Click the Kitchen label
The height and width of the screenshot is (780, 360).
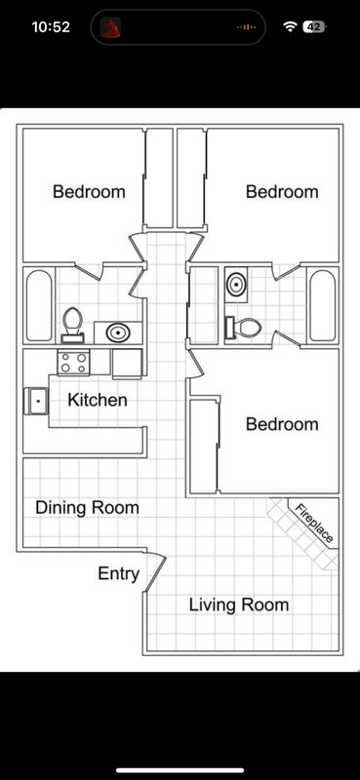click(98, 400)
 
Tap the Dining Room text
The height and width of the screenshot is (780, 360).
click(87, 508)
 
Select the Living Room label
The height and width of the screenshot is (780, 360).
click(239, 604)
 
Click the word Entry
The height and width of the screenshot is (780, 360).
click(118, 574)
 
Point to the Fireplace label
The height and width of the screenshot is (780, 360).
click(314, 523)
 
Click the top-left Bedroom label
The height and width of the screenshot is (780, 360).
click(89, 191)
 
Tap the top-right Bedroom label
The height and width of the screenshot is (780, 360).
click(282, 191)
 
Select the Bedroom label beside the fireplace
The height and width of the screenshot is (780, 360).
click(282, 424)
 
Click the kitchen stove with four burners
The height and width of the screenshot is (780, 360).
click(73, 362)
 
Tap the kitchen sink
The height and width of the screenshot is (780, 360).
click(36, 401)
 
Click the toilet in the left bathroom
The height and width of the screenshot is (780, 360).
click(73, 326)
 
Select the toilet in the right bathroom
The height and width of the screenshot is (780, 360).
click(244, 328)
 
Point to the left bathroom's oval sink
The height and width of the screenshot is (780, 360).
click(118, 332)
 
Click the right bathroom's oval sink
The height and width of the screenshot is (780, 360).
click(235, 284)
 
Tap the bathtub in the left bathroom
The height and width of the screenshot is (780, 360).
click(39, 305)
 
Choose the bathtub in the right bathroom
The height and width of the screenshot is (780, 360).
click(323, 305)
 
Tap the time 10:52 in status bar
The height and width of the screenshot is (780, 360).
click(51, 27)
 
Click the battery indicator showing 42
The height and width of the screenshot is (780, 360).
click(314, 27)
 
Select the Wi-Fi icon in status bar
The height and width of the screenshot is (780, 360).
click(290, 27)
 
